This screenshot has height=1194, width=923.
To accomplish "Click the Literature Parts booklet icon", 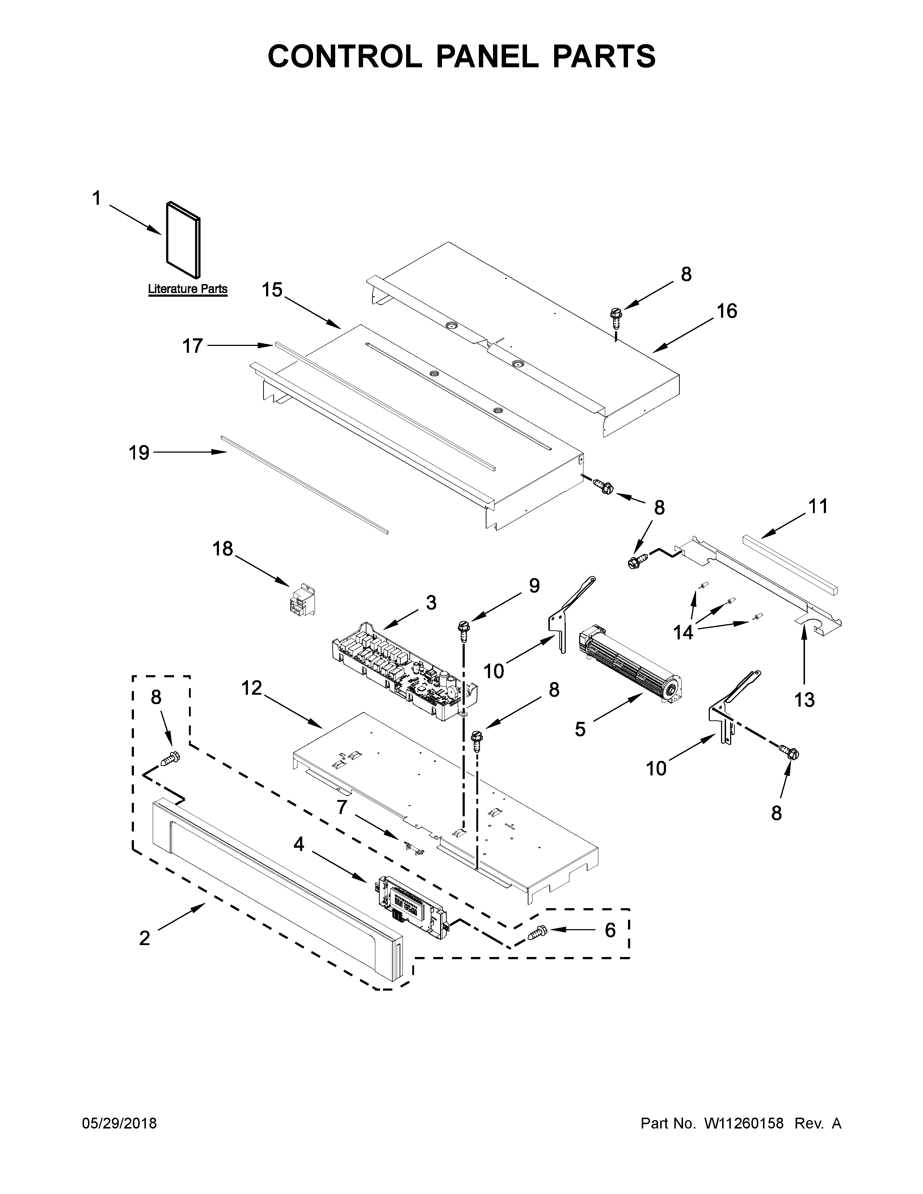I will tap(183, 238).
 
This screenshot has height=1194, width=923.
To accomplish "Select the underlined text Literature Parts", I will tap(187, 289).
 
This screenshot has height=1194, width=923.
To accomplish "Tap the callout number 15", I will tap(272, 290).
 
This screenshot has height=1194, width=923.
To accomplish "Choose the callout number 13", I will tap(804, 699).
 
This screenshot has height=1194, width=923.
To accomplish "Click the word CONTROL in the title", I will tap(345, 56).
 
